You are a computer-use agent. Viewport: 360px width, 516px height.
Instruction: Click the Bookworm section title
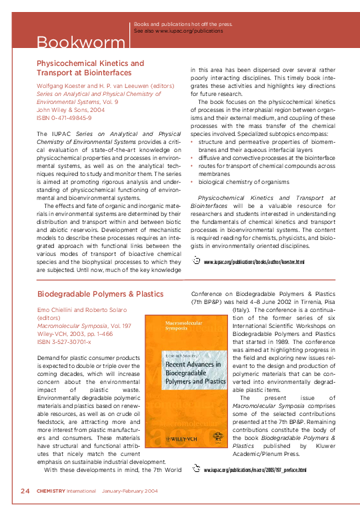pyautogui.click(x=67, y=43)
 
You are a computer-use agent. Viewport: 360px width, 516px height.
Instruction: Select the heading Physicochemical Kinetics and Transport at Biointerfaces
pyautogui.click(x=89, y=68)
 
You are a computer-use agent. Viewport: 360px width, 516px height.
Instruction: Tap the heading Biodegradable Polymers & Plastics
pyautogui.click(x=101, y=293)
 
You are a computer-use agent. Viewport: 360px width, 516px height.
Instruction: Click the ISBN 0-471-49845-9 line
pyautogui.click(x=63, y=117)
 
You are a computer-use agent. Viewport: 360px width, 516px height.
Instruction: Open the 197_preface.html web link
pyautogui.click(x=255, y=470)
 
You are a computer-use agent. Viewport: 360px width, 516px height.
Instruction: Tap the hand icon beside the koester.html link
pyautogui.click(x=196, y=260)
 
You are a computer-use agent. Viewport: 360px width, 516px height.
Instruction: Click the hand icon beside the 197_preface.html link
pyautogui.click(x=196, y=469)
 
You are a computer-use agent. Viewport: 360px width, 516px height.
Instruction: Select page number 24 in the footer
pyautogui.click(x=25, y=491)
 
